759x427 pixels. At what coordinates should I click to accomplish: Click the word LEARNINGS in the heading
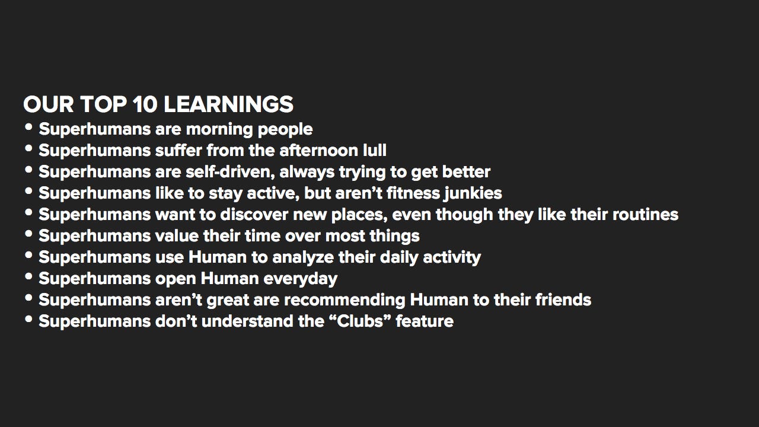tap(228, 104)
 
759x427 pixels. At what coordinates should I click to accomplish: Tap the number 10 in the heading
tap(145, 104)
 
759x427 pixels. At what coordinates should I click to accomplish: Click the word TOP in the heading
tap(104, 104)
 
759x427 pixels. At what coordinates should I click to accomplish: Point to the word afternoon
tap(318, 150)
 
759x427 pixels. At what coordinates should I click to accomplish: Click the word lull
tap(374, 150)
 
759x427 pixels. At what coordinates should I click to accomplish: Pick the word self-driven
tap(230, 172)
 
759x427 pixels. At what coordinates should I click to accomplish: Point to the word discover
tap(254, 214)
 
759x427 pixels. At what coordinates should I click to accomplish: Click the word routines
tap(645, 214)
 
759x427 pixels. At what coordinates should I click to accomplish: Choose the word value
tap(177, 235)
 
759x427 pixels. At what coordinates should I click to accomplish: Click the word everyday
tap(300, 279)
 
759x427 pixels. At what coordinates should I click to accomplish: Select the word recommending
tap(345, 301)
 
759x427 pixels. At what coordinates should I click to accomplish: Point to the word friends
tap(563, 299)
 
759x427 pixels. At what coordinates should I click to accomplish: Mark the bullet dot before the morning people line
tap(29, 127)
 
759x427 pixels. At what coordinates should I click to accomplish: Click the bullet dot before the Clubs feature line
tap(29, 319)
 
